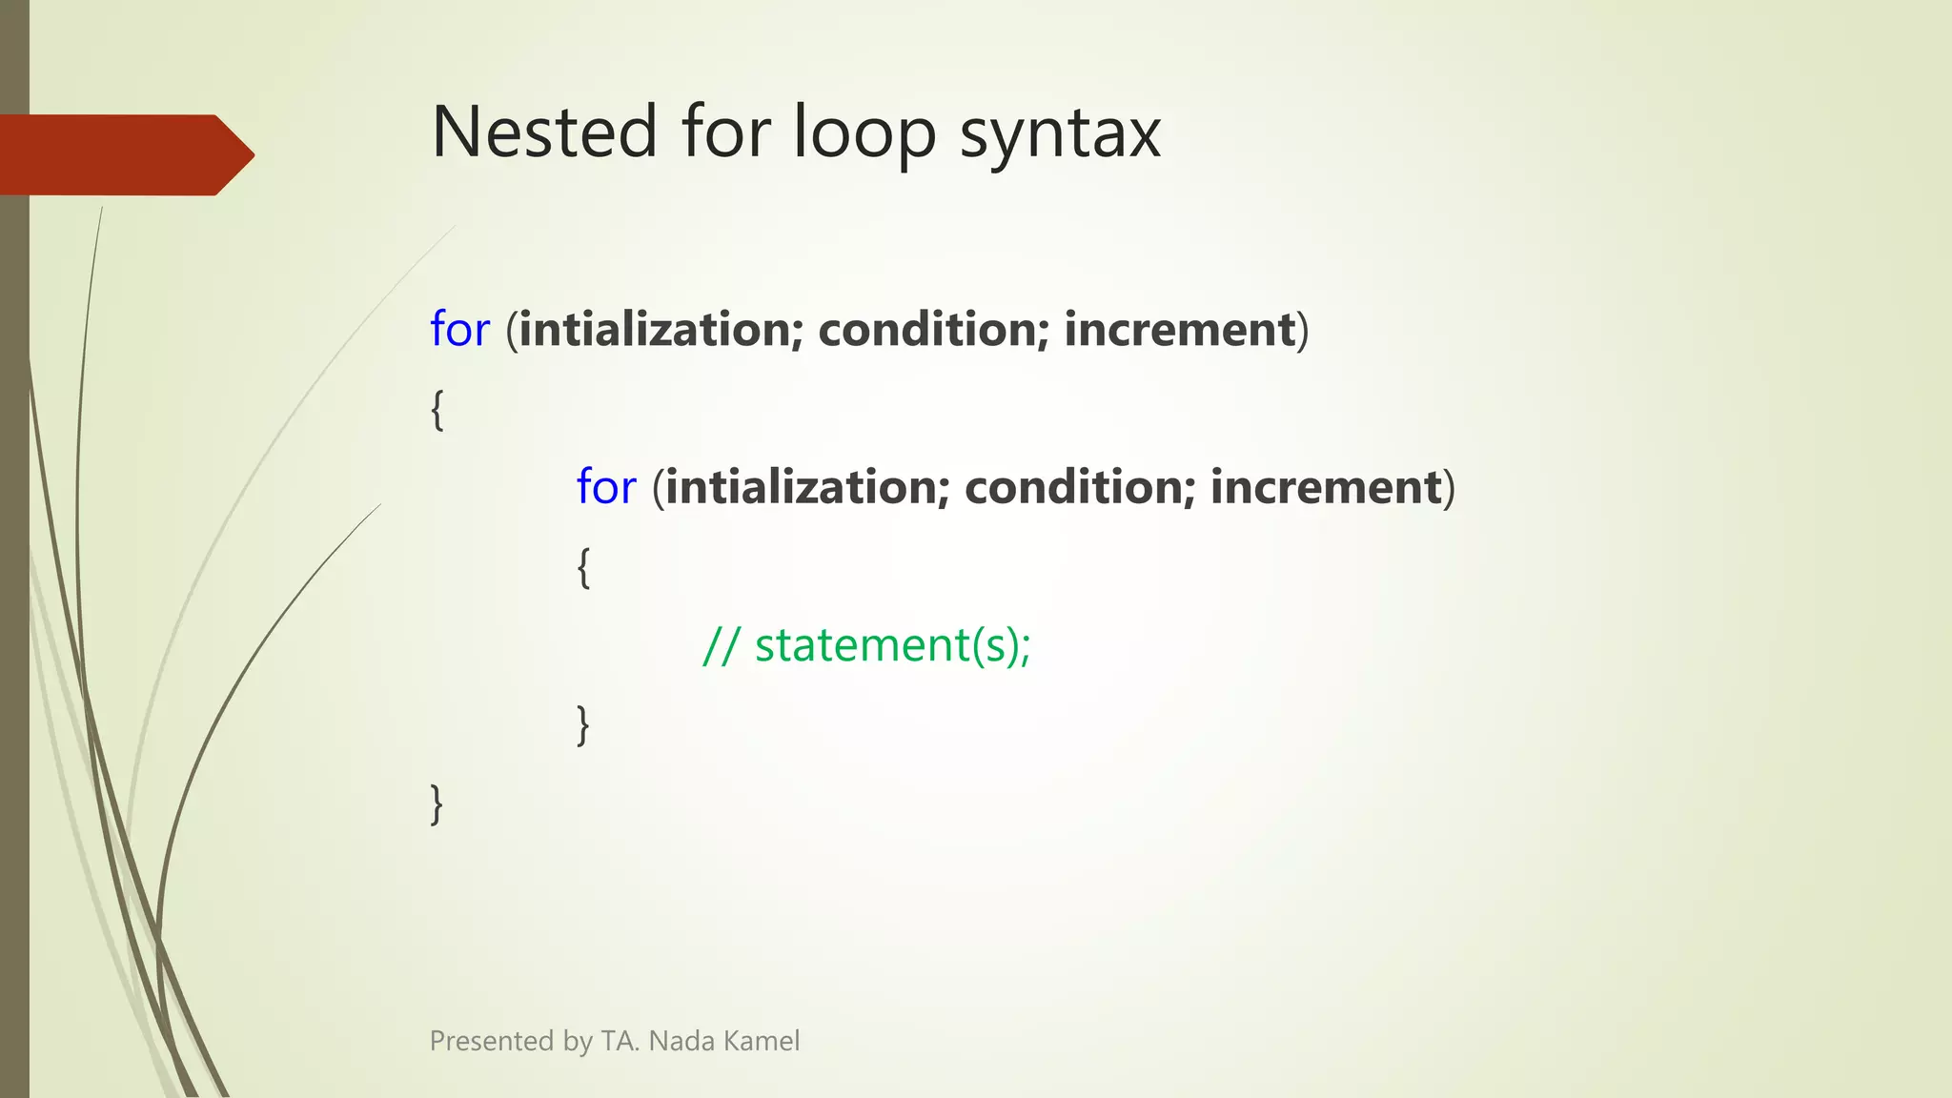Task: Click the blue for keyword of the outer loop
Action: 459,330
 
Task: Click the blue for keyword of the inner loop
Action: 606,488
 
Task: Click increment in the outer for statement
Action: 1180,330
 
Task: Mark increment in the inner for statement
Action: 1326,488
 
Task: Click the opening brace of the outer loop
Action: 437,410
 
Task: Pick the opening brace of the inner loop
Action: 583,568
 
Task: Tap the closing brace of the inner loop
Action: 583,725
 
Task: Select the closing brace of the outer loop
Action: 437,804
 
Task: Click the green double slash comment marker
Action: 721,646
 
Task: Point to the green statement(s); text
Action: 893,646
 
